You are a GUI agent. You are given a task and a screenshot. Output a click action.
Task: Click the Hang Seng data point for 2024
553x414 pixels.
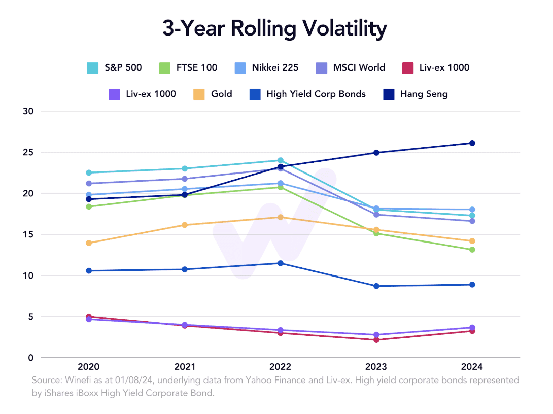(472, 143)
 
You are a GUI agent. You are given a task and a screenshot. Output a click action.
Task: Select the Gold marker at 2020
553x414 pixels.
(89, 243)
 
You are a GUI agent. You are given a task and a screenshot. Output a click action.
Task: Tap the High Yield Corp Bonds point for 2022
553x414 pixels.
(280, 263)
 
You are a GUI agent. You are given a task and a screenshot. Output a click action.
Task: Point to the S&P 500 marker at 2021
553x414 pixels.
(185, 168)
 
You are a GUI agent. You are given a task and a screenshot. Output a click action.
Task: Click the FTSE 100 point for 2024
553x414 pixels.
(472, 250)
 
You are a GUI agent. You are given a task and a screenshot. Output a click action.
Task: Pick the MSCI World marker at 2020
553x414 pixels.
(89, 184)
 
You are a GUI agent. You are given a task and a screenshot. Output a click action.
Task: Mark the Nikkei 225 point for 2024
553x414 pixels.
(472, 210)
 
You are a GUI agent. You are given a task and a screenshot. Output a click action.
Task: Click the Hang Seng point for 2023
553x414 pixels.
(376, 153)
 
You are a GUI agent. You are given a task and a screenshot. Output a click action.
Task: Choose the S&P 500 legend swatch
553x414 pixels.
(92, 67)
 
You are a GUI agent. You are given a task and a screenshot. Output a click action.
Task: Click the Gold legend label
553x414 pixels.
(222, 94)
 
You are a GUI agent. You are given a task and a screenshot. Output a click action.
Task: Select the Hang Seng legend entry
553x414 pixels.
(424, 94)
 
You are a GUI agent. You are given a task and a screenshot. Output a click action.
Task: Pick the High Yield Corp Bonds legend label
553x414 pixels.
(316, 94)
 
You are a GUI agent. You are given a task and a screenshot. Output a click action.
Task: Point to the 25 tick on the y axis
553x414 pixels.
(28, 152)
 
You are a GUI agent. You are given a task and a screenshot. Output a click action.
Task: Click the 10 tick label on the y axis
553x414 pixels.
(28, 275)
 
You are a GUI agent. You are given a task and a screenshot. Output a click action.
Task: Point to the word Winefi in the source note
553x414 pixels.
(73, 380)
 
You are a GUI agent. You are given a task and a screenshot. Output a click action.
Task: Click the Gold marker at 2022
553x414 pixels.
(280, 217)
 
